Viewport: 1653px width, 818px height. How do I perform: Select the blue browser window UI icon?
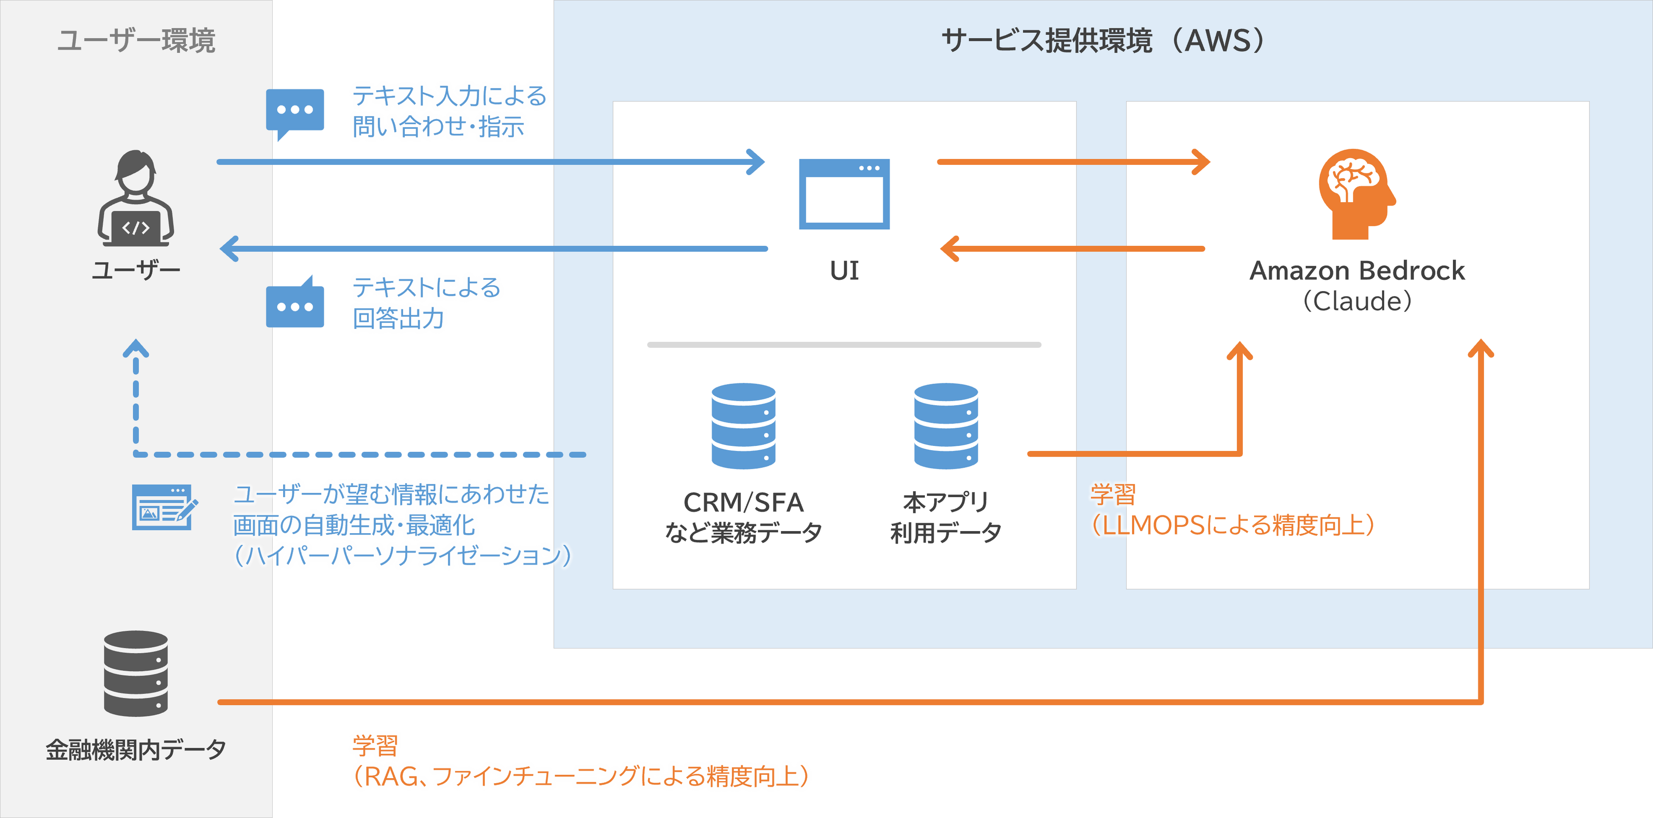click(x=844, y=194)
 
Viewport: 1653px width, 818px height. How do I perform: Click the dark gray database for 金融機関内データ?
click(x=135, y=673)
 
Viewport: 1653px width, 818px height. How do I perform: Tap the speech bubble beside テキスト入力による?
click(x=295, y=111)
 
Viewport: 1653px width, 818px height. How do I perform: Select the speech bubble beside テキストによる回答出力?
click(x=295, y=304)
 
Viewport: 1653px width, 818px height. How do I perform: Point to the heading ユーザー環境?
click(x=135, y=40)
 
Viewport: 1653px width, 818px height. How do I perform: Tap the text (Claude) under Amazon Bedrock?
click(x=1357, y=301)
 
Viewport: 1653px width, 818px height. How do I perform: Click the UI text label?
click(x=844, y=271)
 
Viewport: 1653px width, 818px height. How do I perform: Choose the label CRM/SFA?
click(x=743, y=502)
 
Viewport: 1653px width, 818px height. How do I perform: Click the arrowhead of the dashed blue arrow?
click(x=135, y=348)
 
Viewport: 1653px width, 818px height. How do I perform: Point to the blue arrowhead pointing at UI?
click(x=757, y=161)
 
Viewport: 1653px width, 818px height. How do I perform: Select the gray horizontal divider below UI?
click(x=844, y=345)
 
